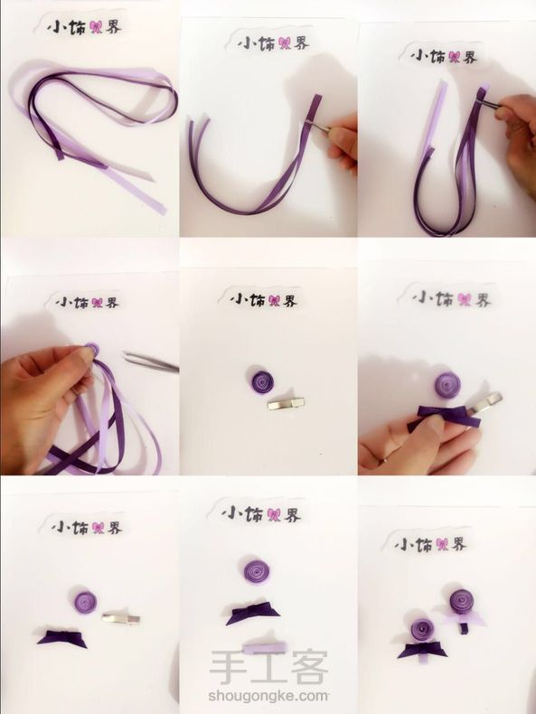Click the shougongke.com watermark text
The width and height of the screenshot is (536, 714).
pyautogui.click(x=268, y=696)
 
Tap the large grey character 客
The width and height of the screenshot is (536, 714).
pyautogui.click(x=310, y=667)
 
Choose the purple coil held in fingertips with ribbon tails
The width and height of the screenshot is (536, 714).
pyautogui.click(x=91, y=352)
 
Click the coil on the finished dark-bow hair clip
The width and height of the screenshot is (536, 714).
pyautogui.click(x=423, y=629)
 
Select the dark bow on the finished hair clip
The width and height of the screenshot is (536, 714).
pyautogui.click(x=415, y=649)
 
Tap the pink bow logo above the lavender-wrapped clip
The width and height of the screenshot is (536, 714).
pyautogui.click(x=275, y=514)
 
